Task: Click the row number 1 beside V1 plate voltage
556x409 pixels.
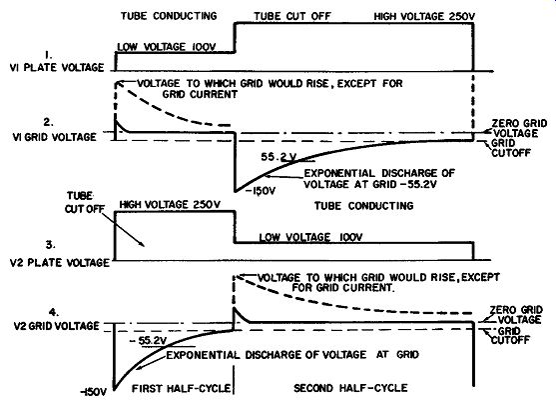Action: pos(48,55)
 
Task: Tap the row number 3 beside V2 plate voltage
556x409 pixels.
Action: pos(50,245)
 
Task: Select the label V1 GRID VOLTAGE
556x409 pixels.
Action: pos(54,137)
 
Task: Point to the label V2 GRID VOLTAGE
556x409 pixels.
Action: pos(56,326)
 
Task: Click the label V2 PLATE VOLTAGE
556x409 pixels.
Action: pos(60,263)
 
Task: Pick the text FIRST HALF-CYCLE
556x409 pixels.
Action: pos(182,388)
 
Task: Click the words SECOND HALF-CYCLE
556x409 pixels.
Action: pos(350,388)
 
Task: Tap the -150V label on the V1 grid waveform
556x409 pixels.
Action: pos(261,191)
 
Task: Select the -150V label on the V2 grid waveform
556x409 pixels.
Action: pos(93,392)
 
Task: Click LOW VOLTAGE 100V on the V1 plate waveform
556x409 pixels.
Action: pos(167,47)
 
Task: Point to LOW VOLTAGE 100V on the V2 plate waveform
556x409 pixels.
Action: pos(310,237)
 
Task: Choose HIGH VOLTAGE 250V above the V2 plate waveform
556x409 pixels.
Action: pos(170,205)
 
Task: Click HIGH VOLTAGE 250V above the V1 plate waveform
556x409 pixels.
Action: pos(424,16)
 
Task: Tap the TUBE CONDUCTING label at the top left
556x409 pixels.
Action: pos(169,16)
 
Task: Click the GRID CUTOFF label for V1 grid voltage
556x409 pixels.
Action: pos(511,148)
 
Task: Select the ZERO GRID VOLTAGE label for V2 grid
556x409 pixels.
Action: pos(516,314)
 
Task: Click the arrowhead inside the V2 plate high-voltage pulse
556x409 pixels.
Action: pos(142,243)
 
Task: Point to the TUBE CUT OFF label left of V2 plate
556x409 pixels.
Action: pos(85,202)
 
